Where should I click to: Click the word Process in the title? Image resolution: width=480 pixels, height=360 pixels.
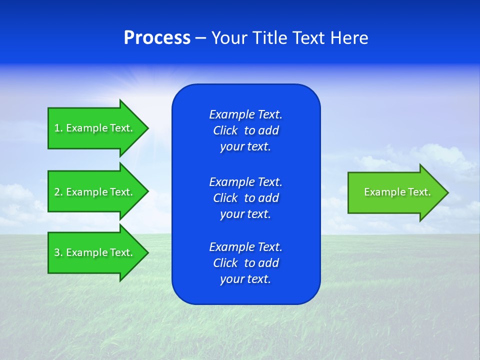coord(157,38)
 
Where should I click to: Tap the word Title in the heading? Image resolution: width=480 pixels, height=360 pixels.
coord(270,38)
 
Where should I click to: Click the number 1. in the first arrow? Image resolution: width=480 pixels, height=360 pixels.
coord(58,128)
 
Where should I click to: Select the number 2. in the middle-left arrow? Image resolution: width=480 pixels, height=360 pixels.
coord(58,192)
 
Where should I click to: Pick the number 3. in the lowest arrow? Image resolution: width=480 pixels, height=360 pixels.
coord(58,252)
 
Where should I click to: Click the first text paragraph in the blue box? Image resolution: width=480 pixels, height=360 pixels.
coord(245,130)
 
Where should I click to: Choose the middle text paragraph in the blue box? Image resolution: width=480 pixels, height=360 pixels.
coord(245,198)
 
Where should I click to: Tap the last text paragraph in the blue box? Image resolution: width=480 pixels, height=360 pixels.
coord(245,263)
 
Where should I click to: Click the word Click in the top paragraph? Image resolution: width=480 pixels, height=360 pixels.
coord(225,130)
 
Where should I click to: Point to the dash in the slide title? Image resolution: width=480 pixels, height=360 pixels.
coord(200,38)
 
